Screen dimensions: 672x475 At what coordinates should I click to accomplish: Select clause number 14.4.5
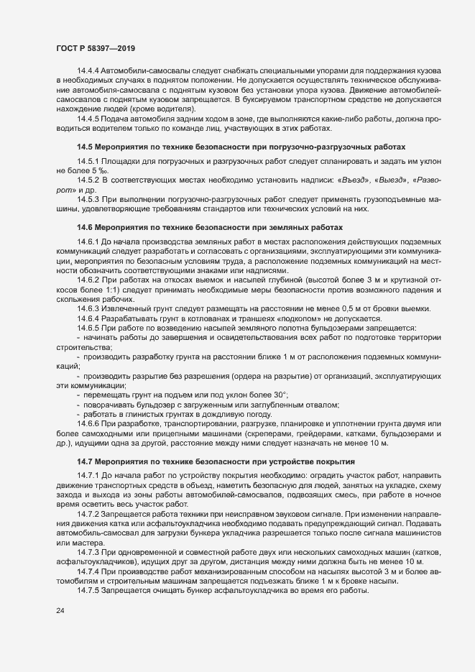88,118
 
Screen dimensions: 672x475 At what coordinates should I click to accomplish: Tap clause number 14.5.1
88,160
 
